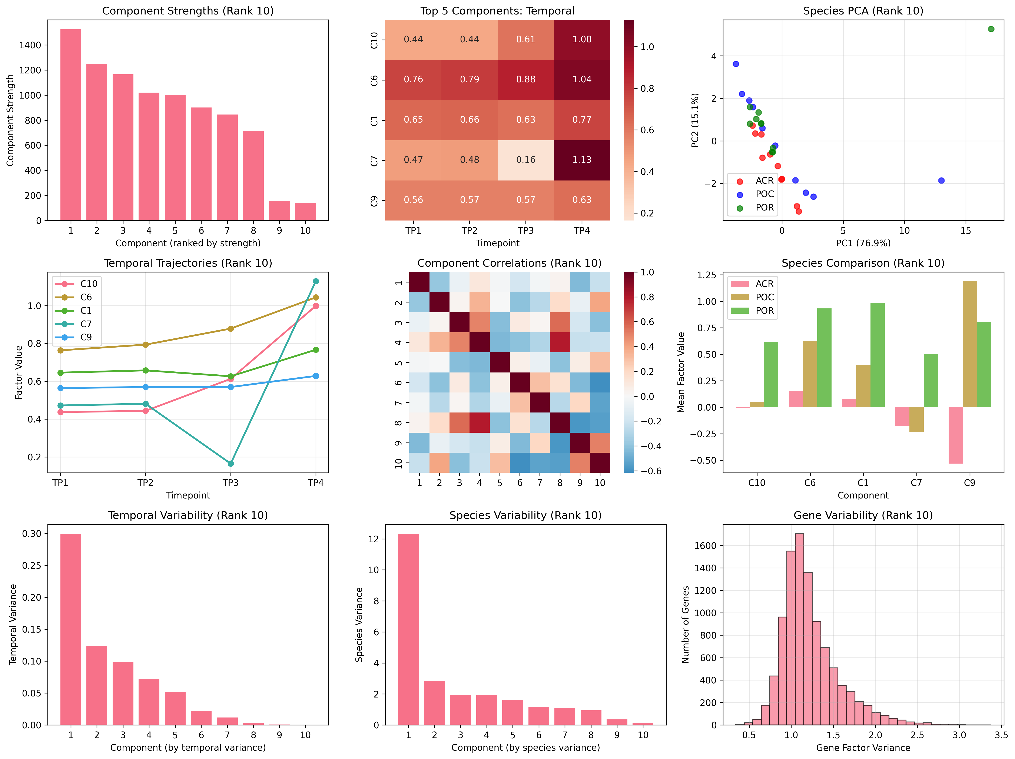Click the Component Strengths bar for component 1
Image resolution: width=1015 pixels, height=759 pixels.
[x=71, y=125]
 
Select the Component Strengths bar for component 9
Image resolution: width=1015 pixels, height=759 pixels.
[x=279, y=211]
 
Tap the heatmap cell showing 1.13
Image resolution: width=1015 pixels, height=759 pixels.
[x=582, y=160]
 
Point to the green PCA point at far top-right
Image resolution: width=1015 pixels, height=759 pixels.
[x=991, y=29]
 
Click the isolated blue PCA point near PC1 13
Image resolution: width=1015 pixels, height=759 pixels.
[x=941, y=180]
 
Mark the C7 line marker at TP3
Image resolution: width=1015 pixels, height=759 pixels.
[x=231, y=464]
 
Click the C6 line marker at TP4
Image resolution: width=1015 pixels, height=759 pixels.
[x=316, y=297]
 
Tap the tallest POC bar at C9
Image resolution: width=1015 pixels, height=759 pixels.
[x=970, y=344]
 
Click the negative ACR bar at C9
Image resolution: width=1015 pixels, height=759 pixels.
[x=955, y=435]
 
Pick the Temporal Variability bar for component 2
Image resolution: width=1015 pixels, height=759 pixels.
[x=97, y=685]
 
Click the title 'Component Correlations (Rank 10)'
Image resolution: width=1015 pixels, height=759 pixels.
[x=509, y=263]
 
